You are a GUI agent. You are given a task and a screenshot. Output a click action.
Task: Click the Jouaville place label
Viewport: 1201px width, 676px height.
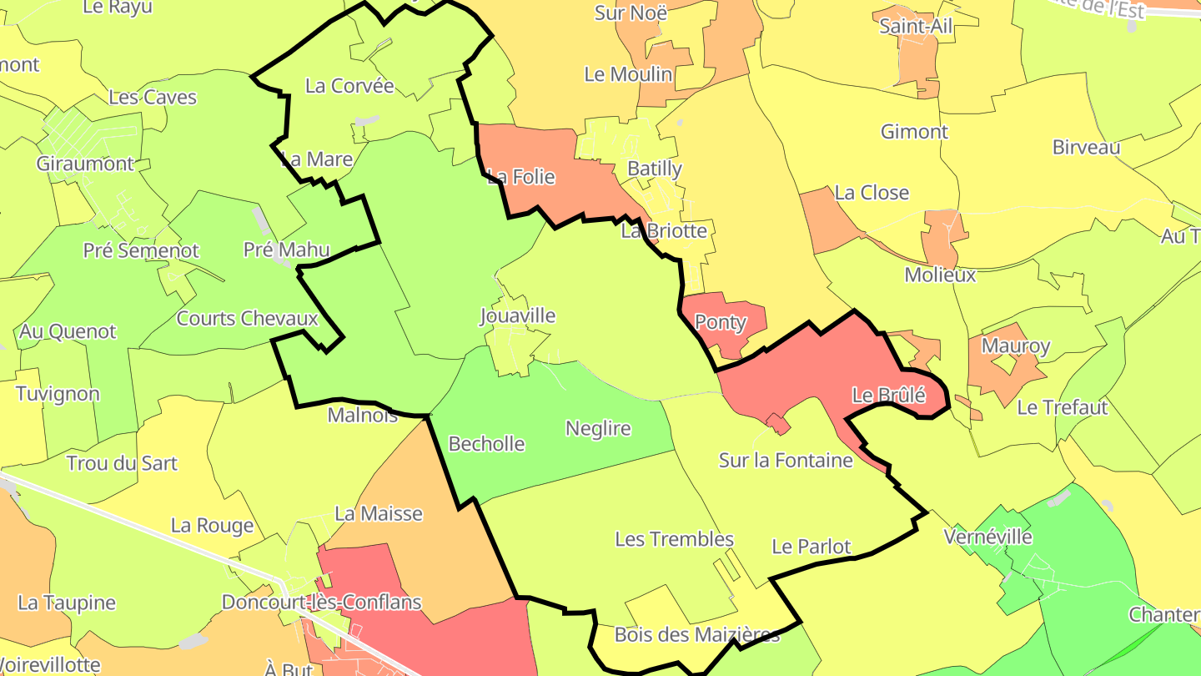pyautogui.click(x=517, y=316)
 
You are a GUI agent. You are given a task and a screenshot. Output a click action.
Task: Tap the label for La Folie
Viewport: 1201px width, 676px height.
pyautogui.click(x=520, y=177)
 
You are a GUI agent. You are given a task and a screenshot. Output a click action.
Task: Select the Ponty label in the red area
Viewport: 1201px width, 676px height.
pyautogui.click(x=721, y=322)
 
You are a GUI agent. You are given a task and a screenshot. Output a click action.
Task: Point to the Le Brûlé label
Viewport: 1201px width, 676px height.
pyautogui.click(x=888, y=396)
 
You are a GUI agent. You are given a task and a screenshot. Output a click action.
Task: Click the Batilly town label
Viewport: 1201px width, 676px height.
pyautogui.click(x=655, y=169)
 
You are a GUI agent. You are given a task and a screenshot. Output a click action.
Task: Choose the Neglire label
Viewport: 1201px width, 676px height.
pyautogui.click(x=598, y=429)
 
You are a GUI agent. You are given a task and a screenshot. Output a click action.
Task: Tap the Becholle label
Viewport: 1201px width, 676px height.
pyautogui.click(x=486, y=444)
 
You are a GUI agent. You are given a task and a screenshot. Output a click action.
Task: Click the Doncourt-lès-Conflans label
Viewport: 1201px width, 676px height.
pyautogui.click(x=321, y=603)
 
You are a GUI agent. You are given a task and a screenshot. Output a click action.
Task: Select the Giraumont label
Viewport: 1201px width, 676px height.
pyautogui.click(x=85, y=164)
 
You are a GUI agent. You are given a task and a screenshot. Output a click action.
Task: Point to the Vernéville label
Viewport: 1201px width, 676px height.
pyautogui.click(x=987, y=537)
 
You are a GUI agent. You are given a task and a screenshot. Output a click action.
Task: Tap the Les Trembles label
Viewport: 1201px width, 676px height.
pyautogui.click(x=674, y=540)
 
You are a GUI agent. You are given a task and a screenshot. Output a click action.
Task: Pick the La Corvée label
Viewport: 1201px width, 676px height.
pyautogui.click(x=349, y=86)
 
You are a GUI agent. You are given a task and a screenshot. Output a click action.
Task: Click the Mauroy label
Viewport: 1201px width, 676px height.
pyautogui.click(x=1016, y=346)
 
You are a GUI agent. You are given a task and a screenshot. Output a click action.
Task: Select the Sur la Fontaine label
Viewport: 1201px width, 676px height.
pyautogui.click(x=786, y=461)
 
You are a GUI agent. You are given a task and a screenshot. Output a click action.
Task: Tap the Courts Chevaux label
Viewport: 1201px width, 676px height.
pyautogui.click(x=248, y=319)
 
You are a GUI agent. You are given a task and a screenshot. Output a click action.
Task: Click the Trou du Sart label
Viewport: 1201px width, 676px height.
pyautogui.click(x=122, y=464)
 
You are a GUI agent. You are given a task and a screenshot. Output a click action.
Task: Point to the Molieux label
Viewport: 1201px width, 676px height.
pyautogui.click(x=940, y=275)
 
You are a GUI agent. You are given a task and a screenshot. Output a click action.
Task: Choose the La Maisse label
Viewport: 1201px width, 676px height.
pyautogui.click(x=379, y=514)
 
